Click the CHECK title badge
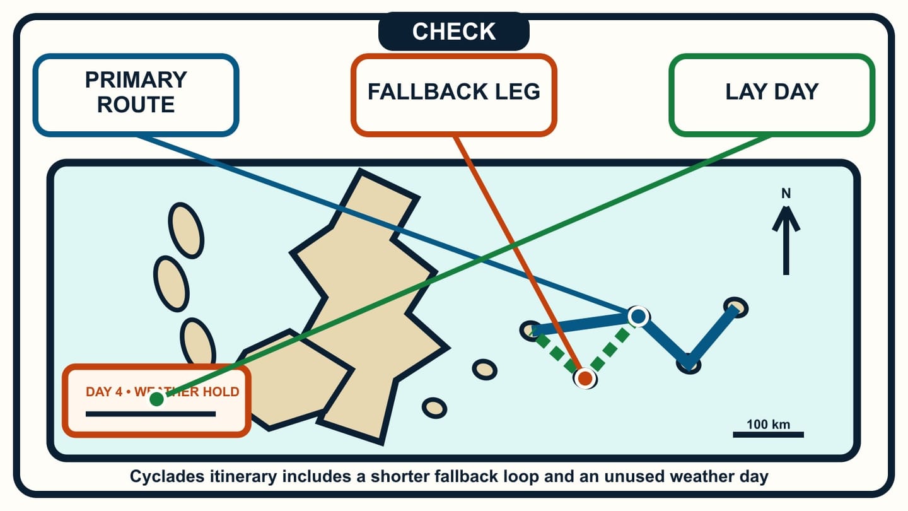453,32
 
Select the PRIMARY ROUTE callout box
136,95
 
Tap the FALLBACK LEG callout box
453,95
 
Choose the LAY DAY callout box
772,95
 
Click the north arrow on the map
786,241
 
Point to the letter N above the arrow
786,194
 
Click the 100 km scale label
768,424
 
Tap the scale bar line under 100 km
768,435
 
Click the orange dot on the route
585,379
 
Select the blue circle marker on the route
638,316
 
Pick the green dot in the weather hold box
156,399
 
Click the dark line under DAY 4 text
151,414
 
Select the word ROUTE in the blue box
136,105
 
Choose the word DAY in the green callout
796,91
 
